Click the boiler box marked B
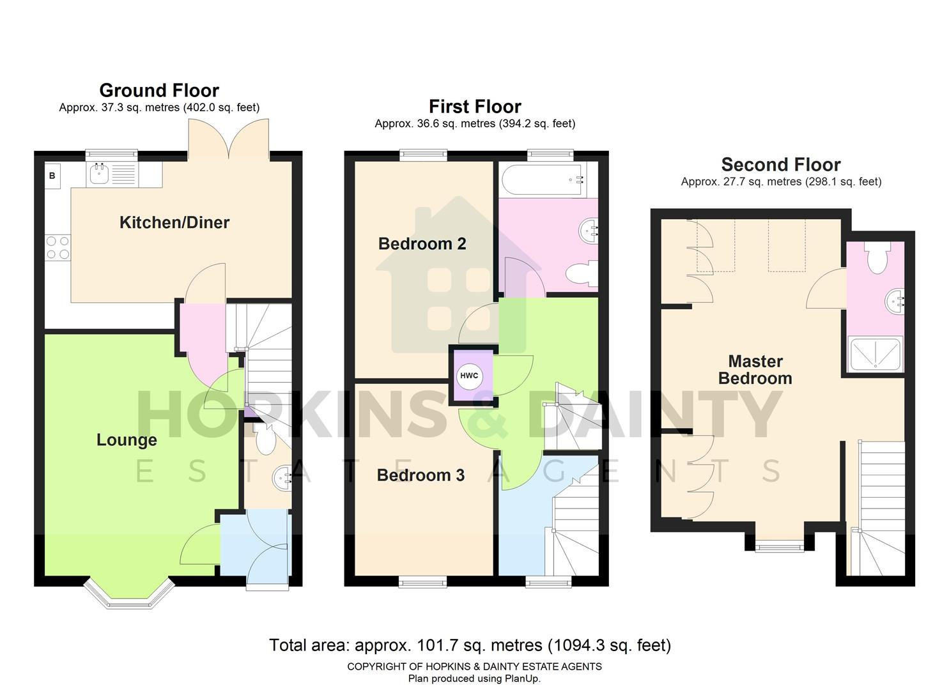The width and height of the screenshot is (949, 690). pyautogui.click(x=52, y=176)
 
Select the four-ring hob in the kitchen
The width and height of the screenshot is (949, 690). pyautogui.click(x=58, y=247)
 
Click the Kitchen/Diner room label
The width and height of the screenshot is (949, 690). pyautogui.click(x=174, y=222)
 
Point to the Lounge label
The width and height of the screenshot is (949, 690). pyautogui.click(x=127, y=440)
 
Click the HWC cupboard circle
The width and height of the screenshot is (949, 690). pyautogui.click(x=469, y=376)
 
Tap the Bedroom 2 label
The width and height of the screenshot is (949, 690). pyautogui.click(x=422, y=243)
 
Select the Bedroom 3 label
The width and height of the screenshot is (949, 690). pyautogui.click(x=420, y=475)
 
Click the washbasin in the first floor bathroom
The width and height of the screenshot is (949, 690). pyautogui.click(x=589, y=229)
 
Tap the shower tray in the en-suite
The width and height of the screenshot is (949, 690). pyautogui.click(x=875, y=354)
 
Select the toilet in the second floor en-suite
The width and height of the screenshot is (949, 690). pyautogui.click(x=876, y=257)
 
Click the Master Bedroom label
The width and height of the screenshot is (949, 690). pyautogui.click(x=755, y=370)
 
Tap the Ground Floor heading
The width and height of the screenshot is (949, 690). pyautogui.click(x=159, y=90)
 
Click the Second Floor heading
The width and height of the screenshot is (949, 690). pyautogui.click(x=780, y=164)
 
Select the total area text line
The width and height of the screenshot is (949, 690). pyautogui.click(x=470, y=645)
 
